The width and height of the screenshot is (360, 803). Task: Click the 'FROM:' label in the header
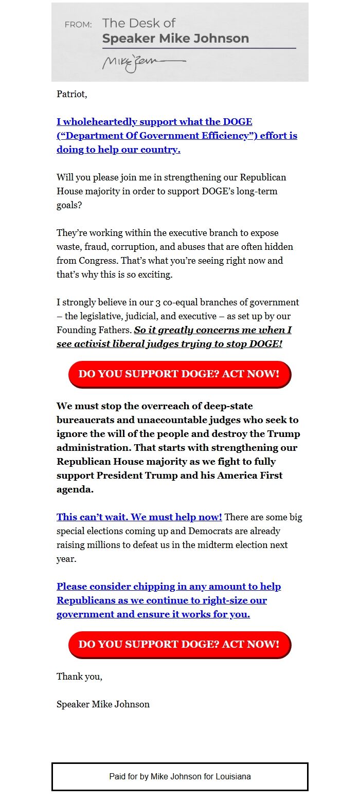pyautogui.click(x=78, y=25)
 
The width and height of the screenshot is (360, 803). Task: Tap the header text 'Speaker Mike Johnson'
pyautogui.click(x=175, y=39)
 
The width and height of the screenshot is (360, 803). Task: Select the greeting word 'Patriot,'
pyautogui.click(x=72, y=94)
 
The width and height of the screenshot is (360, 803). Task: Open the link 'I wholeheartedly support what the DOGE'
pyautogui.click(x=154, y=122)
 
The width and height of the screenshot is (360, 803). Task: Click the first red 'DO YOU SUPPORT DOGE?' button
pyautogui.click(x=179, y=374)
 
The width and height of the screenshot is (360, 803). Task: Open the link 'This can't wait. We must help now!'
pyautogui.click(x=139, y=517)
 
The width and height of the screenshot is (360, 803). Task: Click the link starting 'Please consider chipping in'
pyautogui.click(x=169, y=587)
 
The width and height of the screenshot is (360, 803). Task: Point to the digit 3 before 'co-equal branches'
pyautogui.click(x=158, y=302)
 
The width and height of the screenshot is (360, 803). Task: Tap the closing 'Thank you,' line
pyautogui.click(x=79, y=677)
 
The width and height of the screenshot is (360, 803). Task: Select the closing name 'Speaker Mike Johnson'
pyautogui.click(x=103, y=704)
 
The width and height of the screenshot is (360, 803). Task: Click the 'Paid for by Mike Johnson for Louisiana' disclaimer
pyautogui.click(x=179, y=776)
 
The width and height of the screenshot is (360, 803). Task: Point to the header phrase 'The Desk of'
pyautogui.click(x=139, y=23)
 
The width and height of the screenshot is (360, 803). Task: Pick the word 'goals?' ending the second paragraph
pyautogui.click(x=68, y=205)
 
